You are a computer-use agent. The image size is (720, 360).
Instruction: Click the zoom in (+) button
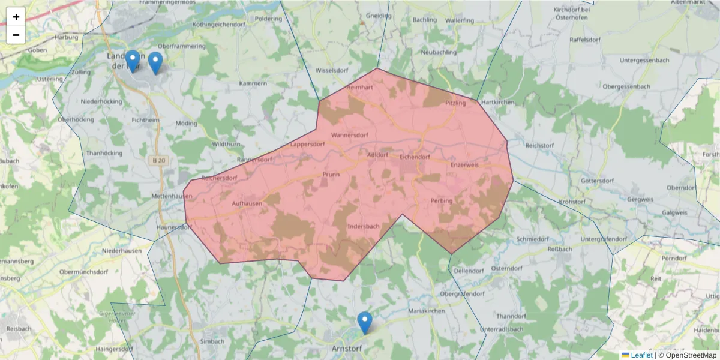coord(16,17)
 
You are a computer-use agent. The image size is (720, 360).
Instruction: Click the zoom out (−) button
coord(16,35)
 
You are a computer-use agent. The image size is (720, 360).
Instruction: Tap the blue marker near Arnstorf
coord(364,323)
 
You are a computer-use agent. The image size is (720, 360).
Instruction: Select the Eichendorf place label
coord(415,157)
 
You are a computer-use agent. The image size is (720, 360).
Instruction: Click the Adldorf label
coord(377,154)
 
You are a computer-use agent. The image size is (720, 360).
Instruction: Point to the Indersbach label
coord(364,226)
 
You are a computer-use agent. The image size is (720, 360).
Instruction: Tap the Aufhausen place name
coord(247,204)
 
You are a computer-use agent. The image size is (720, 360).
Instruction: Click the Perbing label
coord(442,200)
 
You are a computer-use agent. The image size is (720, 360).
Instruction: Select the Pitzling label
coord(455,103)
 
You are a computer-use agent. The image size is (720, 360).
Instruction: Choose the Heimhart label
coord(360,88)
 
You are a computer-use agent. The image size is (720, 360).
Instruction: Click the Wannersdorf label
coord(349,135)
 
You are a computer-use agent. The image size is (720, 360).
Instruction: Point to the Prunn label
coord(331,175)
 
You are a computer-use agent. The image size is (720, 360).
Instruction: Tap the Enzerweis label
coord(464,164)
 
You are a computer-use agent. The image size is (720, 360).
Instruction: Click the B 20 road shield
coord(157,161)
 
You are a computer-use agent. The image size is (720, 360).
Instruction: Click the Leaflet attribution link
coord(641,355)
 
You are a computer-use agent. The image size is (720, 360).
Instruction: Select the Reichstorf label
coord(539,146)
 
